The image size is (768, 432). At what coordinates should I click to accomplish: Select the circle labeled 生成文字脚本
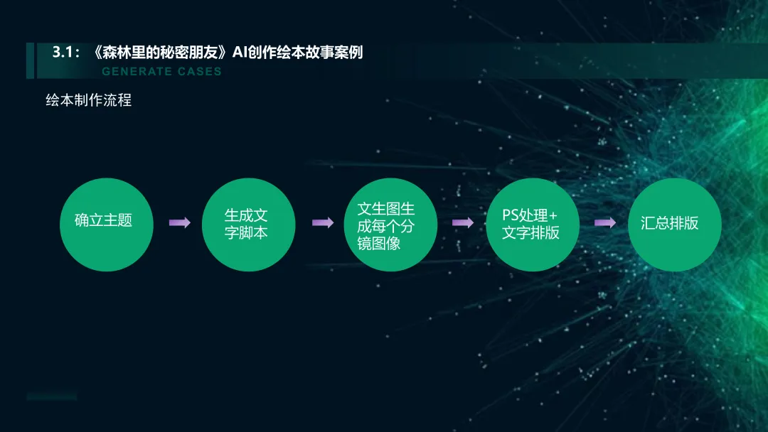pyautogui.click(x=247, y=224)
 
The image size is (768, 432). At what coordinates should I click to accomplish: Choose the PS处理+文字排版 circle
pyautogui.click(x=531, y=224)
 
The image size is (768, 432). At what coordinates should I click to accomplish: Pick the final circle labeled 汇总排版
pyautogui.click(x=673, y=224)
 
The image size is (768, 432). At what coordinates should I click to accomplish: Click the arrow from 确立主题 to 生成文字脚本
pyautogui.click(x=179, y=223)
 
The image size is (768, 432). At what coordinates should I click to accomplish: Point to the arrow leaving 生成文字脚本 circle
pyautogui.click(x=322, y=223)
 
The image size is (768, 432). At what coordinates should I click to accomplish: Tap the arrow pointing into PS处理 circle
pyautogui.click(x=463, y=223)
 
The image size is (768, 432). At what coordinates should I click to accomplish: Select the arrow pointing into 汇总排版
pyautogui.click(x=605, y=223)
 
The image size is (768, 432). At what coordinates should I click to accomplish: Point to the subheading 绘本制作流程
pyautogui.click(x=89, y=100)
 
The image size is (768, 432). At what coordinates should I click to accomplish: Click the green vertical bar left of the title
pyautogui.click(x=30, y=60)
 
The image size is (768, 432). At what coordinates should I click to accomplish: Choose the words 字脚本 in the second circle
pyautogui.click(x=246, y=233)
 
